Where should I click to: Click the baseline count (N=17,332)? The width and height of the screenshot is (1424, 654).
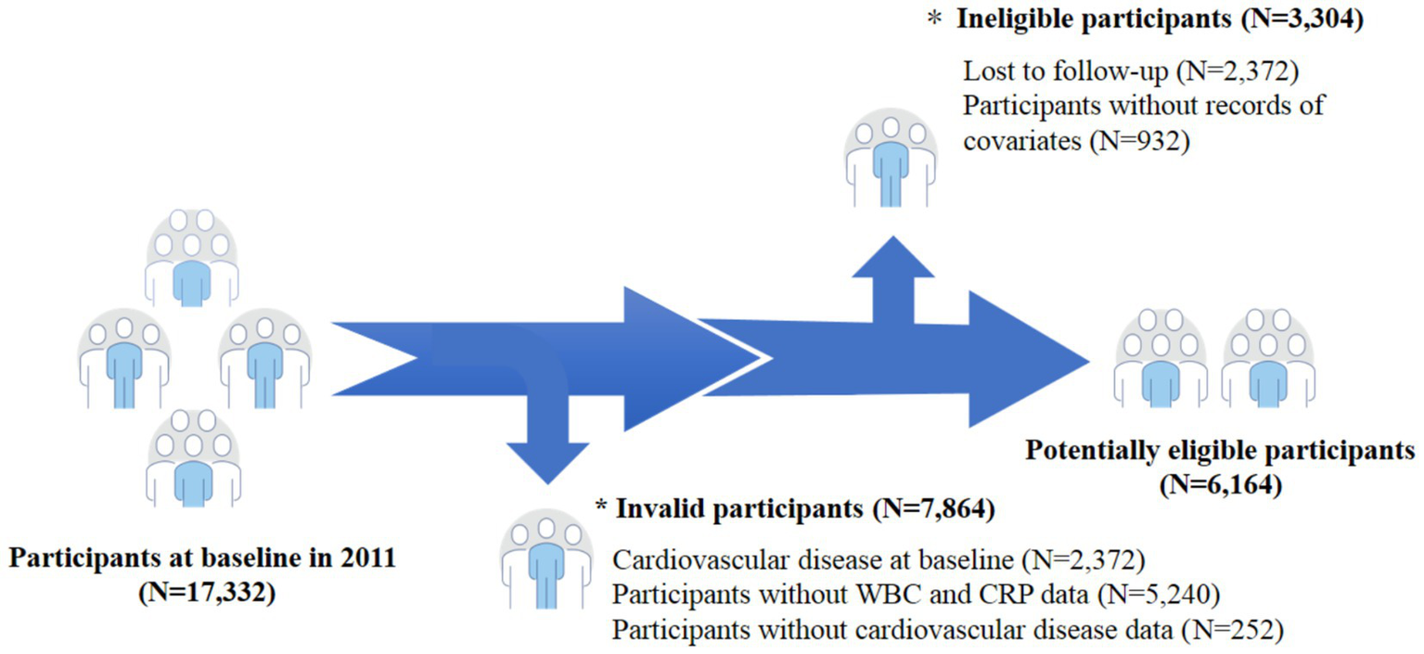click(206, 592)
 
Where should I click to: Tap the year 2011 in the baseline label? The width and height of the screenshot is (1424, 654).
click(370, 560)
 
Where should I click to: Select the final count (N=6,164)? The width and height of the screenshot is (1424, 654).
click(1219, 483)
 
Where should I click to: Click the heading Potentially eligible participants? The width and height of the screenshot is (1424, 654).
click(1219, 452)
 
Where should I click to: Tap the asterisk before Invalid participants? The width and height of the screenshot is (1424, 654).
click(602, 508)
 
